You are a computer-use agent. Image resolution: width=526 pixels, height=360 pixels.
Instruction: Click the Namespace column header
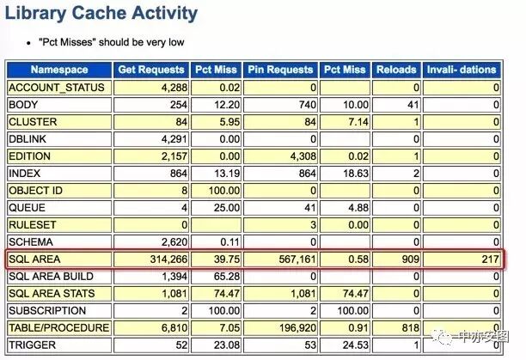(59, 70)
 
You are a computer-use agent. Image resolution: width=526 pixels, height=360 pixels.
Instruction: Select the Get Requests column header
(151, 70)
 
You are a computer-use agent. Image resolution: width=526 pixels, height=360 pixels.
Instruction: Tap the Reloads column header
(396, 70)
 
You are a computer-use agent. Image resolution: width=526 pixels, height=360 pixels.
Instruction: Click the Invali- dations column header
(462, 70)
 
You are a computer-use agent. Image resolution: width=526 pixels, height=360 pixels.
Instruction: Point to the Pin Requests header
(280, 70)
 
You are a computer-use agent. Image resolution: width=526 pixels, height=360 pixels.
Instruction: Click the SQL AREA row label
(34, 259)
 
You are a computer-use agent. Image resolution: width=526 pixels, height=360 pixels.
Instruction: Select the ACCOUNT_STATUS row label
(57, 88)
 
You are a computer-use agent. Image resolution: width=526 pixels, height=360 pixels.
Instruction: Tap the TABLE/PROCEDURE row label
(59, 327)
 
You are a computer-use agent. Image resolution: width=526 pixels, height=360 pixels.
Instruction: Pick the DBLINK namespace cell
(28, 139)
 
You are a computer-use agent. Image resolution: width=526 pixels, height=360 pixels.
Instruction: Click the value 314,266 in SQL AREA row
(168, 259)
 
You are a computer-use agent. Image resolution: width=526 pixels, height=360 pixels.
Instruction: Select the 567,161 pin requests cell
(297, 259)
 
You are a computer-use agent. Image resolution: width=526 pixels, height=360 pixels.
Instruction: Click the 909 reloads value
(410, 259)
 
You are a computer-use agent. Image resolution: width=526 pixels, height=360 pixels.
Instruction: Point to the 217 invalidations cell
(491, 259)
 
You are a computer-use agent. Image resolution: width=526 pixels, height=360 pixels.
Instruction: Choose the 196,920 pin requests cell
(298, 327)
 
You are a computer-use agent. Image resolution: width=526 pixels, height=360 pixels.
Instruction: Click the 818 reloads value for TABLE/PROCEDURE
(410, 327)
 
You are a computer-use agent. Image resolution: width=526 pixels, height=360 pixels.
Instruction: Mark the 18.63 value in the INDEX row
(355, 174)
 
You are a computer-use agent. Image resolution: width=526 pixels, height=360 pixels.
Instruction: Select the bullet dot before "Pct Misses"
(29, 43)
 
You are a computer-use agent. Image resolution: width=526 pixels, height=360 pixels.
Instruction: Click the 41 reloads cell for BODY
(413, 105)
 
